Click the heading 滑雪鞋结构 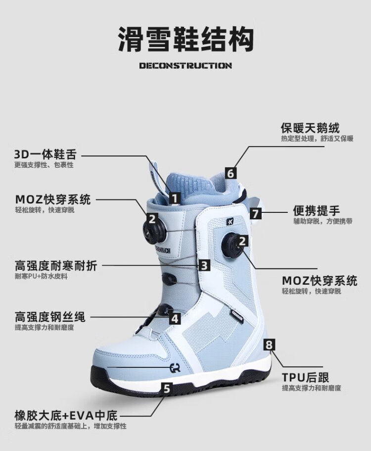pos(185,39)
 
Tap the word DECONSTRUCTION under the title pos(185,65)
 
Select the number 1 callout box pos(175,199)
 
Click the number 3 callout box pos(204,265)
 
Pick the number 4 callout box pos(175,318)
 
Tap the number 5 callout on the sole pos(167,389)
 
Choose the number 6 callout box pos(231,173)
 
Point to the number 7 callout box pos(255,214)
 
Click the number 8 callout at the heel pos(269,344)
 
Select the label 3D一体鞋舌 pos(46,154)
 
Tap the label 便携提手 pos(317,210)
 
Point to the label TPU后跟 pos(305,377)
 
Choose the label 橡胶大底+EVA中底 pos(66,416)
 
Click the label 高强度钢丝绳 pos(50,317)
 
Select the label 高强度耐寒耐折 pos(56,266)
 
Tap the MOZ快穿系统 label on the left pos(53,200)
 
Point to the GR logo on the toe pos(175,368)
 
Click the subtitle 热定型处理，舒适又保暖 pos(317,139)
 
